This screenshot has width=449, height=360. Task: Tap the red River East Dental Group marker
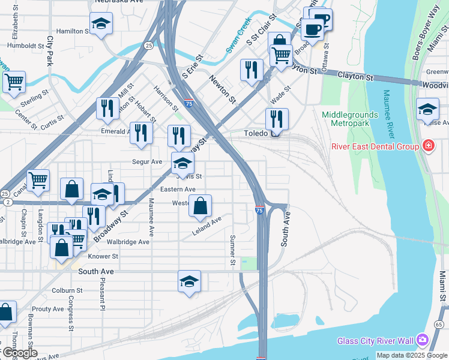coord(428,145)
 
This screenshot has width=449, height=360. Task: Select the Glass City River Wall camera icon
coord(422,341)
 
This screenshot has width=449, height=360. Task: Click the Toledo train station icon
coord(275,134)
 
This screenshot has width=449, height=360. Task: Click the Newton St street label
coord(222,88)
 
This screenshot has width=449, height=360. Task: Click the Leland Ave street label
coord(206,227)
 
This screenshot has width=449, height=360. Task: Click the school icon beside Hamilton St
coord(101,24)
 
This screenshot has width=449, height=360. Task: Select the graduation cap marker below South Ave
coord(189,281)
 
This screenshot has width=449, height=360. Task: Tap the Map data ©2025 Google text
coord(412,355)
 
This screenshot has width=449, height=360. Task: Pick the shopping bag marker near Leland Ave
coord(200,206)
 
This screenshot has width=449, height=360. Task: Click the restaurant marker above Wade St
coord(252,70)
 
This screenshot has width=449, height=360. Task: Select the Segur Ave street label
coord(148,161)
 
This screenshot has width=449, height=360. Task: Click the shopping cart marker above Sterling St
coord(14,82)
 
